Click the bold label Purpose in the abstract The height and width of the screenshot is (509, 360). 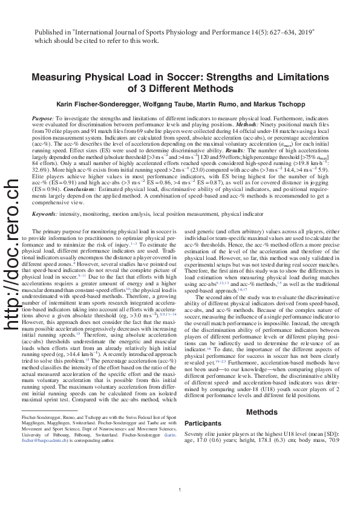pyautogui.click(x=42, y=119)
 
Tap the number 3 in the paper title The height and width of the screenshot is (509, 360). pyautogui.click(x=133, y=89)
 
